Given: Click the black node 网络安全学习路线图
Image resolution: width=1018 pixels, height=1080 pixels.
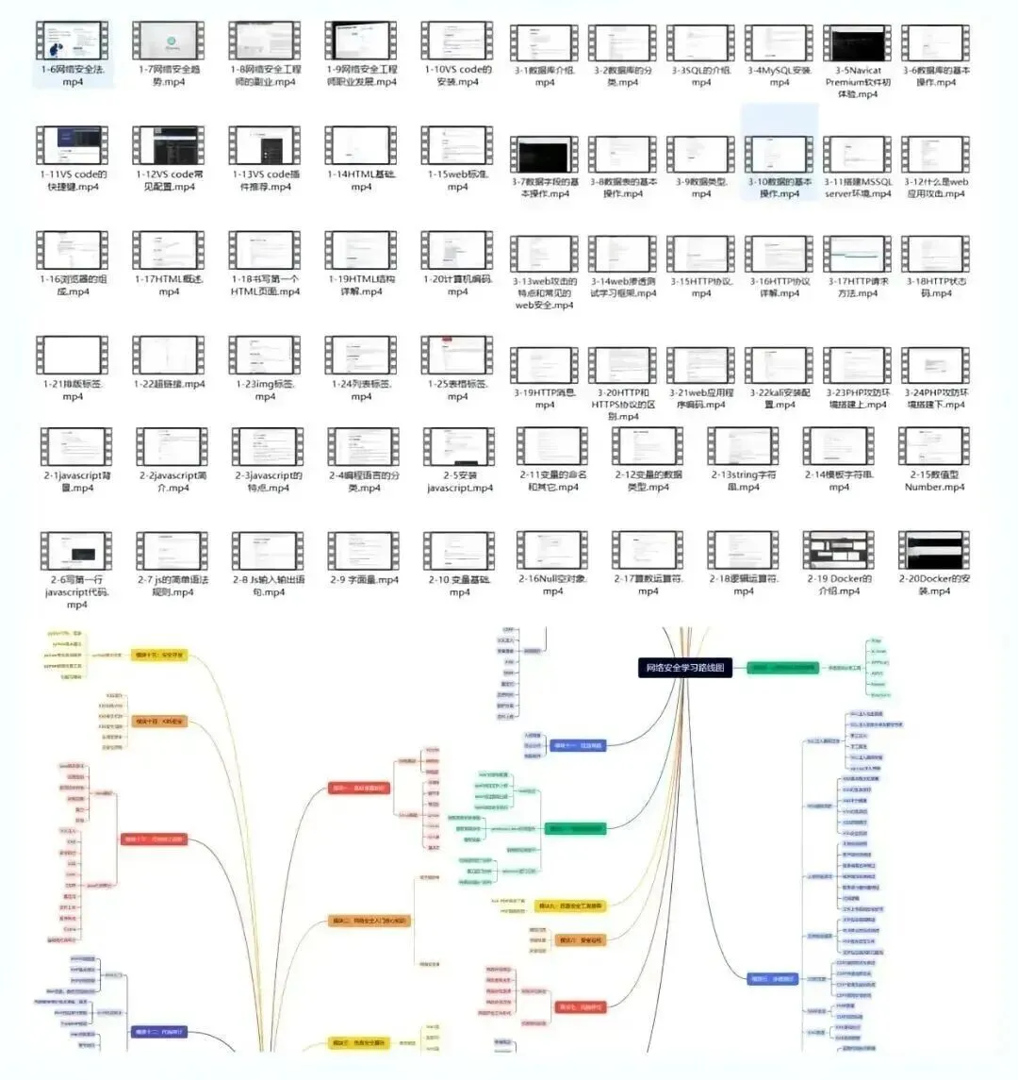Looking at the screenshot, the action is tap(685, 668).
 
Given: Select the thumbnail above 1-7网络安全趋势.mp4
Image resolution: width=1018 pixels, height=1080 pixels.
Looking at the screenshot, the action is tap(169, 41).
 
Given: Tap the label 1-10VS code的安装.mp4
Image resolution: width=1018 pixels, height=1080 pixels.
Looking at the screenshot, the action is tap(458, 75).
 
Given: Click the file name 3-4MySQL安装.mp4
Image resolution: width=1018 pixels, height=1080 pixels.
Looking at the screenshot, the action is tap(780, 76).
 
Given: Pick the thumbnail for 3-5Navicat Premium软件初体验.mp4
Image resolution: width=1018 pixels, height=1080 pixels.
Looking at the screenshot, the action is tap(856, 43).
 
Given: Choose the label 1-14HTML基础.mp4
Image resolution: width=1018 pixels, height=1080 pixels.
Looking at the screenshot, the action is tap(362, 180).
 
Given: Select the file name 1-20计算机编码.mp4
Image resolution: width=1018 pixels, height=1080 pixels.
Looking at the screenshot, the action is tap(458, 285).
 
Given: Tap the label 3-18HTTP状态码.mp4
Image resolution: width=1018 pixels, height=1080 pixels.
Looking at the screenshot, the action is tap(936, 287).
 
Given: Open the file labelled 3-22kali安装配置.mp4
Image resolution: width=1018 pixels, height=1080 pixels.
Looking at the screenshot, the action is tap(780, 398).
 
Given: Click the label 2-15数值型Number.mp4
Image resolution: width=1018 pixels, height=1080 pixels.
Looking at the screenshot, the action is tap(934, 481).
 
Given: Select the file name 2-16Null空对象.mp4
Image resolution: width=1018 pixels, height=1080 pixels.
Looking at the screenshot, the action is tap(553, 585).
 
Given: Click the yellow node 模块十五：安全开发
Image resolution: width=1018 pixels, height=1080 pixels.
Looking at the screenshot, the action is tap(159, 654).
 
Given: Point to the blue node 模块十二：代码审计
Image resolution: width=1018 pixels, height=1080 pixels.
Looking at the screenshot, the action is tap(159, 1032).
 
